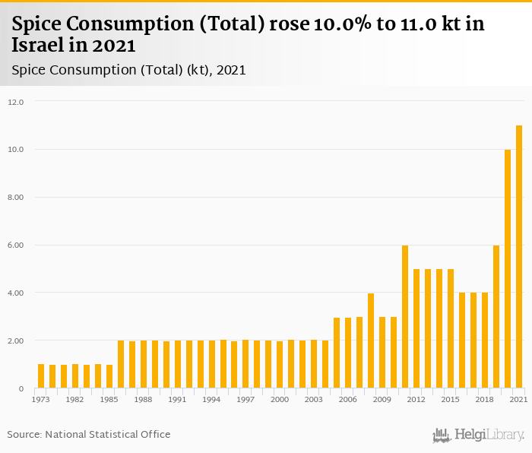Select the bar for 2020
point(508,269)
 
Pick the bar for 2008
point(371,341)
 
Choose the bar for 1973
point(41,376)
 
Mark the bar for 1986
point(121,364)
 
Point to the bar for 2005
point(337,353)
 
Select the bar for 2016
point(462,341)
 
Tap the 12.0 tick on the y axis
point(16,102)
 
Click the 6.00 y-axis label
point(16,246)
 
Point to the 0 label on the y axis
point(21,389)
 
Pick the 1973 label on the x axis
point(41,399)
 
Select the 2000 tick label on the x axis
point(280,399)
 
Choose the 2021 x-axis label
point(518,399)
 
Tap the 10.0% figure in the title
point(341,24)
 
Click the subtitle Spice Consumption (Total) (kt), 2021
point(129,70)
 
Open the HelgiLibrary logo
point(479,436)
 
